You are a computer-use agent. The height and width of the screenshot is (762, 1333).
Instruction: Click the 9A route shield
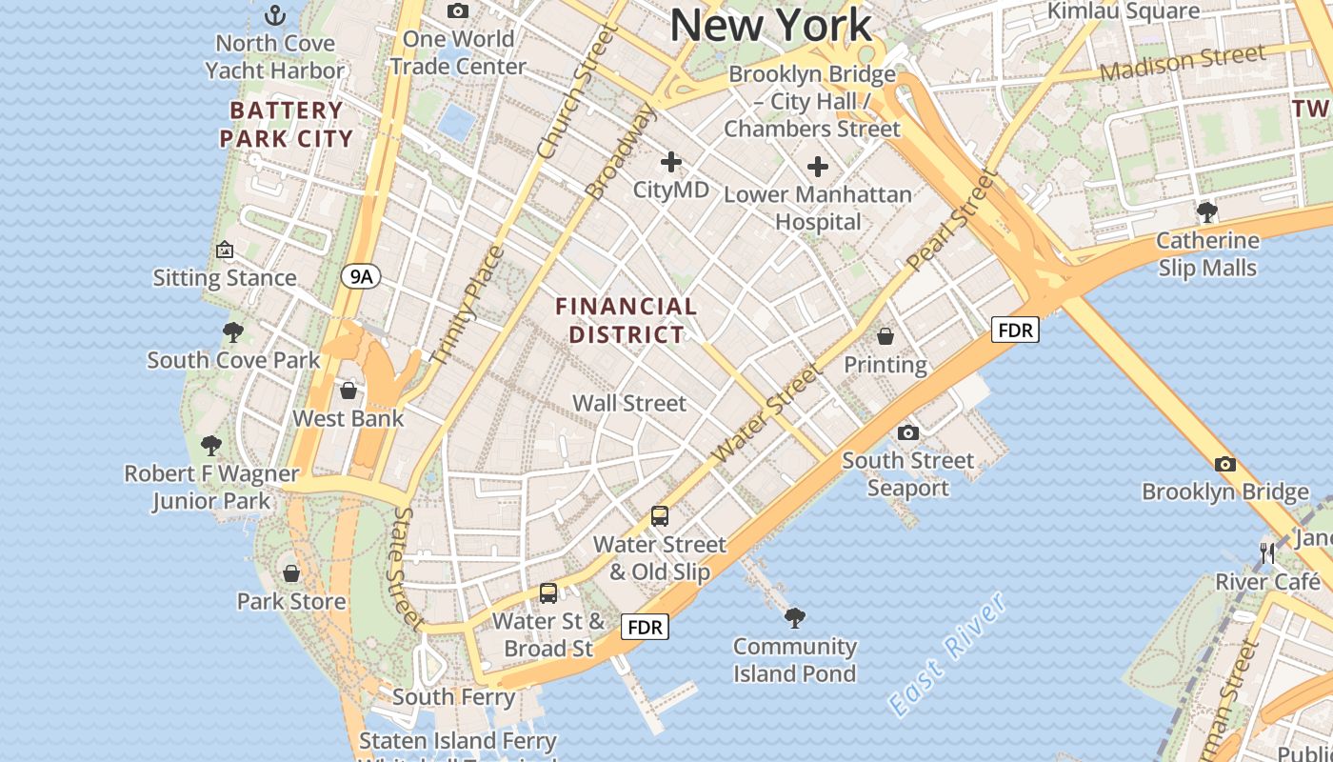click(361, 277)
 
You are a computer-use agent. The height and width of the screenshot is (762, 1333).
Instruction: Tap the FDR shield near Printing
click(1015, 331)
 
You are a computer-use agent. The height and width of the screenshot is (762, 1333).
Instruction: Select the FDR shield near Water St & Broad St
click(645, 627)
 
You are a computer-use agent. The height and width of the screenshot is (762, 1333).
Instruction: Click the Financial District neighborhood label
click(627, 320)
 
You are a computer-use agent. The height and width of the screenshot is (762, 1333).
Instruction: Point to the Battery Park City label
click(286, 124)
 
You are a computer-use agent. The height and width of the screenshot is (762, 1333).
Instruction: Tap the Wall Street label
click(628, 403)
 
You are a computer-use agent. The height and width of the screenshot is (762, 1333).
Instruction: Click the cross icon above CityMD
click(671, 162)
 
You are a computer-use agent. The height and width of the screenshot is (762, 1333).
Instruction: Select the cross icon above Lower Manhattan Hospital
click(817, 168)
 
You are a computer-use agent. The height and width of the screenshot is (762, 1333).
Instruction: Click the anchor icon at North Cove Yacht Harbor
click(274, 15)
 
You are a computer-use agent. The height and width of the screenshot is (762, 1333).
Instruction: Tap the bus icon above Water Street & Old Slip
click(660, 516)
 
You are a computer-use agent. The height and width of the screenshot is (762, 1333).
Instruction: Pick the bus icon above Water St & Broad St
click(548, 592)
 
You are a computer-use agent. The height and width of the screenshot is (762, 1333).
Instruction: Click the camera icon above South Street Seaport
click(908, 433)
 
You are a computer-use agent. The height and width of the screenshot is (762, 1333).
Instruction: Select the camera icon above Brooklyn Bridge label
click(1225, 464)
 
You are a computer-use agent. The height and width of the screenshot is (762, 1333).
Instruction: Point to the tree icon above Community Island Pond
click(794, 618)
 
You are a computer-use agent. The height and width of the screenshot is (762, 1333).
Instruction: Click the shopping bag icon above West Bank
click(348, 391)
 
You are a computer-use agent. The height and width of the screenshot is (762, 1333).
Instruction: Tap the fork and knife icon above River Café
click(1267, 553)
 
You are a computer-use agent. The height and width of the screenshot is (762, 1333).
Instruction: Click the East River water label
click(946, 654)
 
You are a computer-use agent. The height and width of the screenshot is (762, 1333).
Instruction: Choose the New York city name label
click(771, 25)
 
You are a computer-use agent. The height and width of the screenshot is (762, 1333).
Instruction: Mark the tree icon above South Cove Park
click(233, 332)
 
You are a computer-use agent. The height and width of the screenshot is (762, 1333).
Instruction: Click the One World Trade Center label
click(458, 52)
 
